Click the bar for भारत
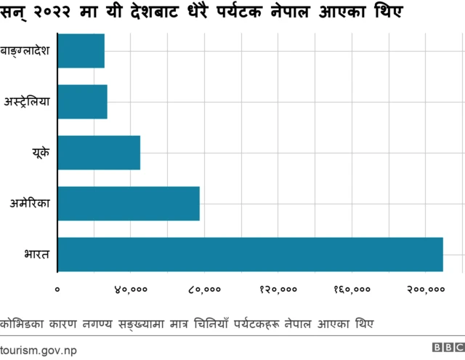[250, 255]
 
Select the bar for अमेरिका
[128, 204]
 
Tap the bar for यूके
[98, 153]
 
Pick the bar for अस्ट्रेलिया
[82, 102]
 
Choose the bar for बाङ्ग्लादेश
[81, 51]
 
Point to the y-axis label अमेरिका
[30, 204]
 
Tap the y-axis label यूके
[41, 153]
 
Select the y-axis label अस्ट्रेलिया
[27, 102]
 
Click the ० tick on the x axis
[57, 289]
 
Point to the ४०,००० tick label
[131, 289]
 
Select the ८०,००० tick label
[204, 289]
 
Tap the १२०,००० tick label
[278, 289]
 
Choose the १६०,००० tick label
[352, 289]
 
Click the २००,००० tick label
[426, 289]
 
